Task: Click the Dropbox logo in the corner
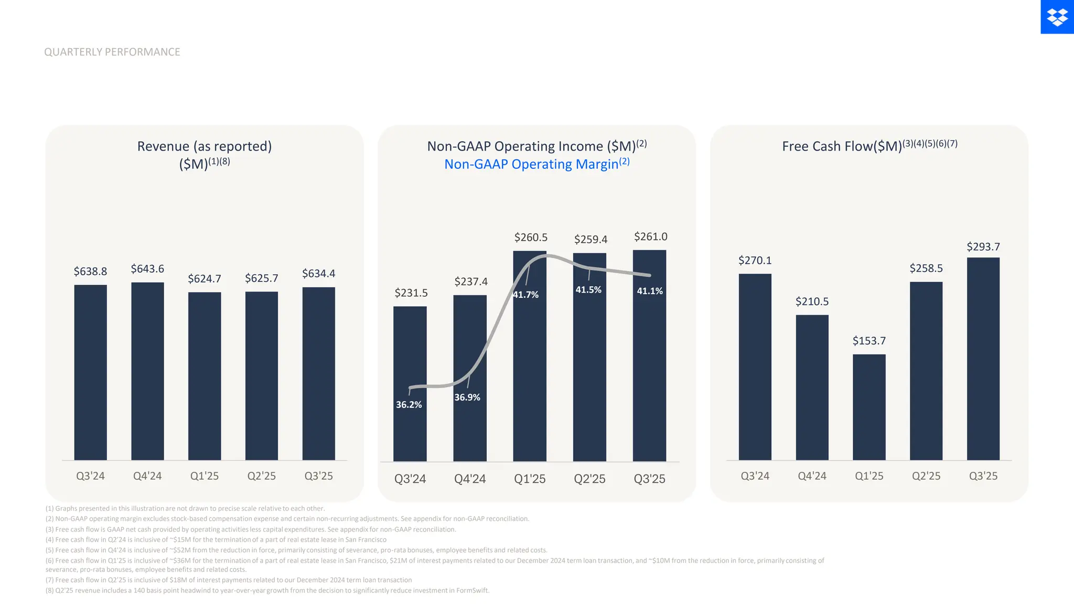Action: (1057, 17)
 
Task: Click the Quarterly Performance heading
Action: (112, 52)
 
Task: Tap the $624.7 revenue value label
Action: (205, 278)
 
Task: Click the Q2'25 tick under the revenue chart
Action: (261, 476)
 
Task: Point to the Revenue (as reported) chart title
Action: (205, 146)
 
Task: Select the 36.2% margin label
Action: (409, 405)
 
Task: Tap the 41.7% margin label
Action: (525, 295)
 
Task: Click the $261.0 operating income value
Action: (650, 236)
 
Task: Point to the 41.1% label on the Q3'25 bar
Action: (650, 291)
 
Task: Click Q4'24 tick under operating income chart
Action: (470, 479)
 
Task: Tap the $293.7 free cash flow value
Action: (983, 246)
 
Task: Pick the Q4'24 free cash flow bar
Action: (812, 387)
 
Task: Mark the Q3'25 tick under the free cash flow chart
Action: (983, 476)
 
